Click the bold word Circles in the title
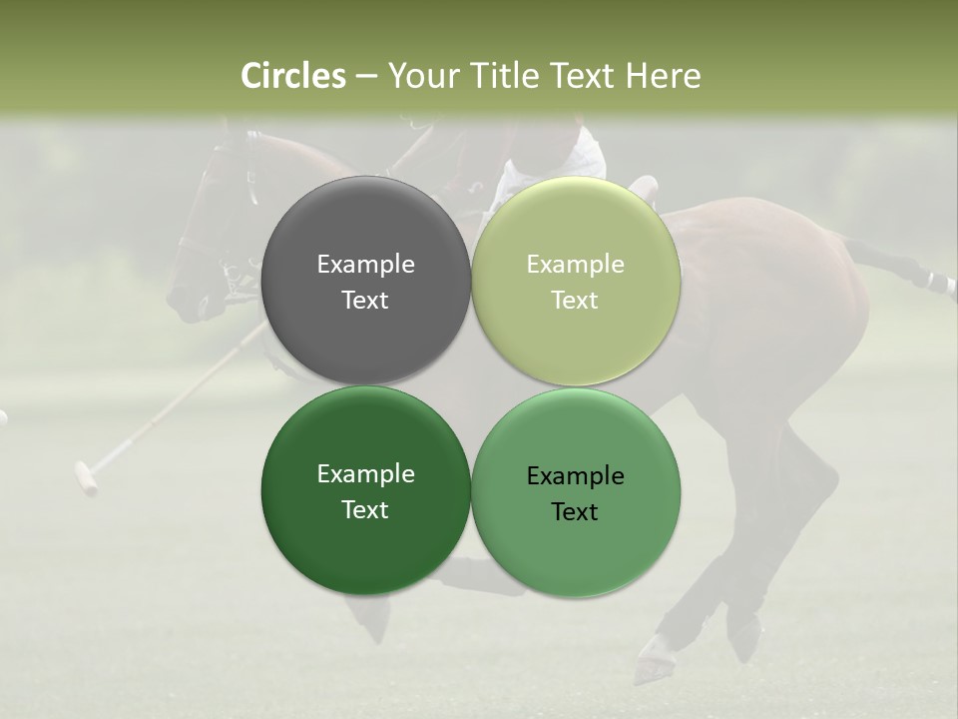tap(293, 76)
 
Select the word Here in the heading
tap(665, 76)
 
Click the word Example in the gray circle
tap(365, 265)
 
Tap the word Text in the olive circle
tap(575, 301)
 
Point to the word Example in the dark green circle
tap(365, 474)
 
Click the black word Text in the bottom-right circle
tap(575, 512)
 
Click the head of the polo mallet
tap(86, 477)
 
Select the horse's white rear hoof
tap(649, 664)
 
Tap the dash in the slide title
tap(366, 77)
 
